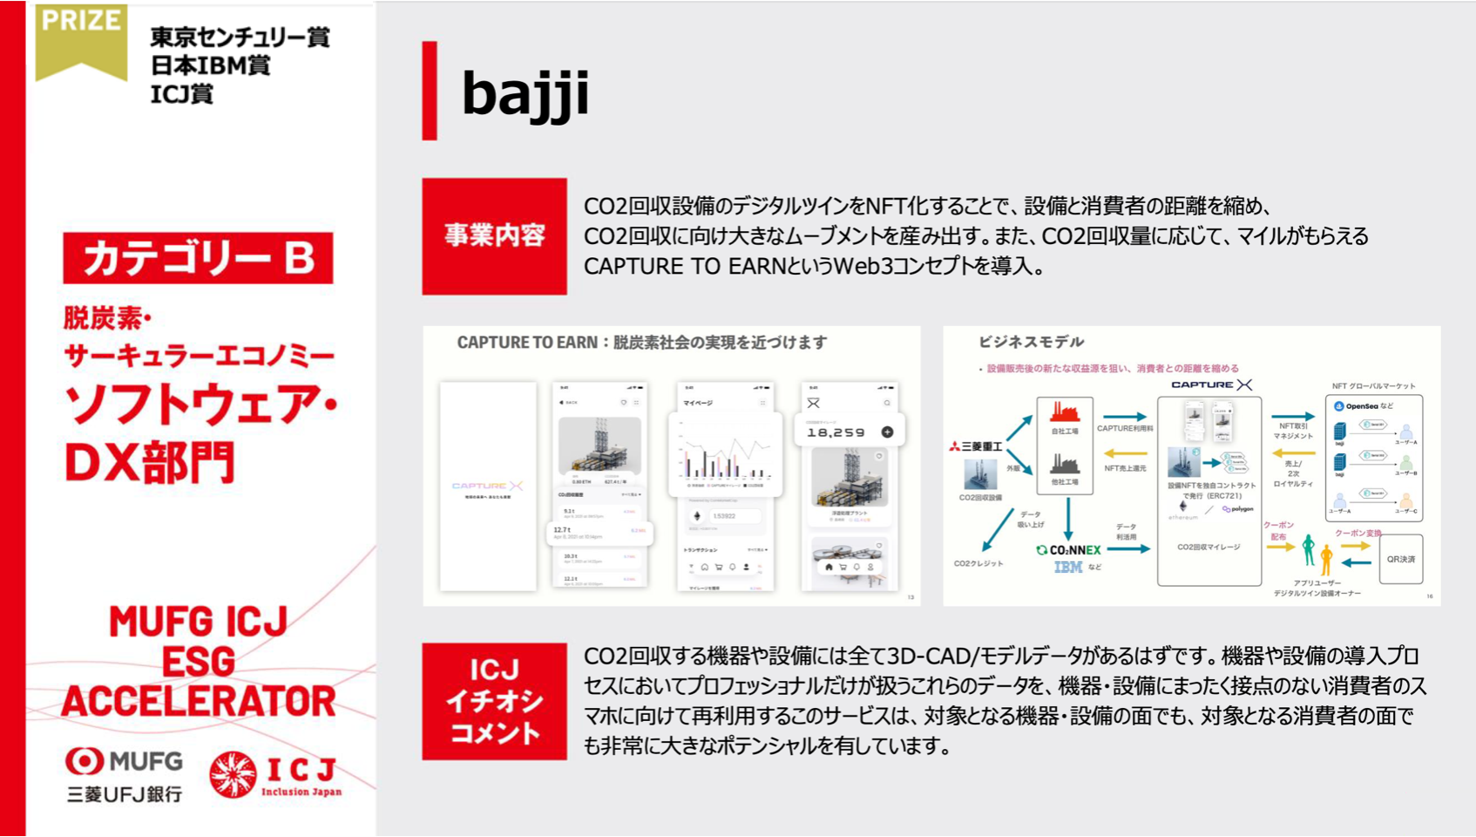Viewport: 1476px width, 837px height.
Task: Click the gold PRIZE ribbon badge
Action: click(81, 39)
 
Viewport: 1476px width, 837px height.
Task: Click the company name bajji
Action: click(525, 93)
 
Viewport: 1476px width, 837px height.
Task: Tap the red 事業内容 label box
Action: click(494, 236)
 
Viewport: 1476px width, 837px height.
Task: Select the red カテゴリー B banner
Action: click(198, 258)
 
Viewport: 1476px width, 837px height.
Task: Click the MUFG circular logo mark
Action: click(84, 761)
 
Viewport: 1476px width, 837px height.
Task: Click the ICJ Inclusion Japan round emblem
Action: click(233, 774)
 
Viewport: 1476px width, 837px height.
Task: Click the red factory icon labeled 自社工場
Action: click(1064, 412)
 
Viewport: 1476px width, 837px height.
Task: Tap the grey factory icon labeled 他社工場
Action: click(1064, 463)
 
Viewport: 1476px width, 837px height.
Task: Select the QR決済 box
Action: click(1400, 559)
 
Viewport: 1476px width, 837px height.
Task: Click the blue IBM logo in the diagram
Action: click(1067, 568)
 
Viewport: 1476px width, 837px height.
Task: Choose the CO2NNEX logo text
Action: click(1069, 550)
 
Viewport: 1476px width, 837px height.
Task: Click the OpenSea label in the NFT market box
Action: click(1361, 405)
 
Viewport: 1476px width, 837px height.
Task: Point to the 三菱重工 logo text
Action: click(976, 446)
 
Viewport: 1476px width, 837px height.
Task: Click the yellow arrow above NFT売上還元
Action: click(1125, 453)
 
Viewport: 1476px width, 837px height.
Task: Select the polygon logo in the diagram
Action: click(1238, 509)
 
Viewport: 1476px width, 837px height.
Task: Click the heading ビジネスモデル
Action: click(1031, 342)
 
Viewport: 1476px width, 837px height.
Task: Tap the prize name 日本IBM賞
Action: click(210, 65)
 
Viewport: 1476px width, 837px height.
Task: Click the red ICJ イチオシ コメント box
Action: click(494, 702)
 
